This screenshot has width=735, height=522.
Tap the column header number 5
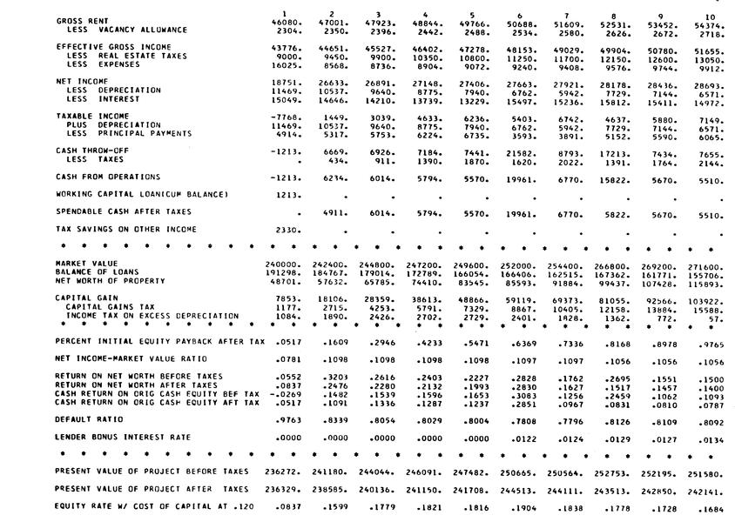pyautogui.click(x=471, y=15)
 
